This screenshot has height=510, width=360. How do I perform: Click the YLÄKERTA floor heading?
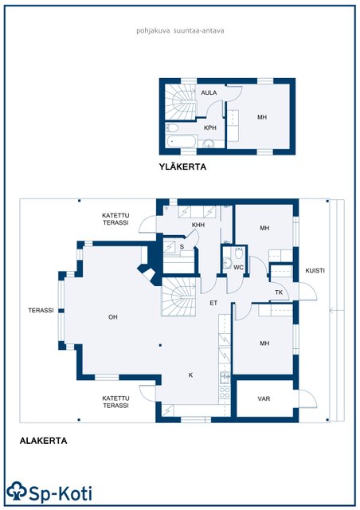pos(182,167)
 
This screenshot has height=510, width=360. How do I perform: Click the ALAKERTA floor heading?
pos(43,441)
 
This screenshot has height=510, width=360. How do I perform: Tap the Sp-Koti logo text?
pos(61,494)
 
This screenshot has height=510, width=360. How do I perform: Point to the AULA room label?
pos(209,92)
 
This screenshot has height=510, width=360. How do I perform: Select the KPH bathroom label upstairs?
pos(210,127)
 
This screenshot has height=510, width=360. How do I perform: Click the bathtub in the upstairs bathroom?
pos(182,142)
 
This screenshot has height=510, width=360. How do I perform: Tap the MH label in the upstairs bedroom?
pos(262,117)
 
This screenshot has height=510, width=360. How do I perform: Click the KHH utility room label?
pos(198,225)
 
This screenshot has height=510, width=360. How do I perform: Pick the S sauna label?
pos(182,246)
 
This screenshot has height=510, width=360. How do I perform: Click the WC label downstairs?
pos(238,268)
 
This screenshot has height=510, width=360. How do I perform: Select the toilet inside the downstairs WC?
pos(239,253)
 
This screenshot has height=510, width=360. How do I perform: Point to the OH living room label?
pos(113,317)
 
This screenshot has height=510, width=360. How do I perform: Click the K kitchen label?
pos(191,375)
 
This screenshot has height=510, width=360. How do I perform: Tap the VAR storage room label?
pos(264,398)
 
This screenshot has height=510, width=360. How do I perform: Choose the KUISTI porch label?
pos(315,270)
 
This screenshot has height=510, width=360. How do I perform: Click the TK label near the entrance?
pos(279,292)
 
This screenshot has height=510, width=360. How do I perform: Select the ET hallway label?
pos(213,303)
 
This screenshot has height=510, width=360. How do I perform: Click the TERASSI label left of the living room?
pos(41,310)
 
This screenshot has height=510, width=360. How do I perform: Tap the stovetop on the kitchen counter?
pos(225,392)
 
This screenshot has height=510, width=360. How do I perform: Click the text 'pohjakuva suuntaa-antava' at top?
pos(180,31)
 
